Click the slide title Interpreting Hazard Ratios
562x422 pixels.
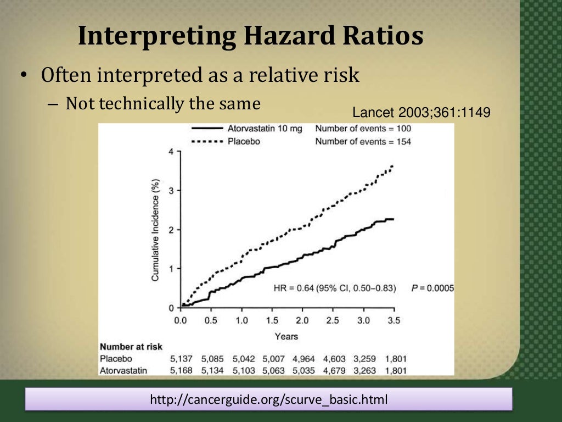[x=250, y=36]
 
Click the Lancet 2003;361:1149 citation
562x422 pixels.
[x=421, y=113]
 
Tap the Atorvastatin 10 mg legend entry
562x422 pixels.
[x=264, y=129]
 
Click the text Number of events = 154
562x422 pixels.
[x=363, y=141]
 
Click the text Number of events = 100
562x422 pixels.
[x=363, y=129]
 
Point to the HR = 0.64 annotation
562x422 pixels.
[x=334, y=288]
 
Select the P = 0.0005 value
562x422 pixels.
[x=432, y=288]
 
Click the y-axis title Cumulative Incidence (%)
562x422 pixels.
[x=156, y=230]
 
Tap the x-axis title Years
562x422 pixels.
[x=286, y=336]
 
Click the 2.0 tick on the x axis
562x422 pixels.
[x=302, y=320]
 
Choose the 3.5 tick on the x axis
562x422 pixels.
[x=394, y=320]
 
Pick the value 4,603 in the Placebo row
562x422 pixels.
[x=334, y=359]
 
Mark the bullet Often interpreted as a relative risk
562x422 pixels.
[x=200, y=75]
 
